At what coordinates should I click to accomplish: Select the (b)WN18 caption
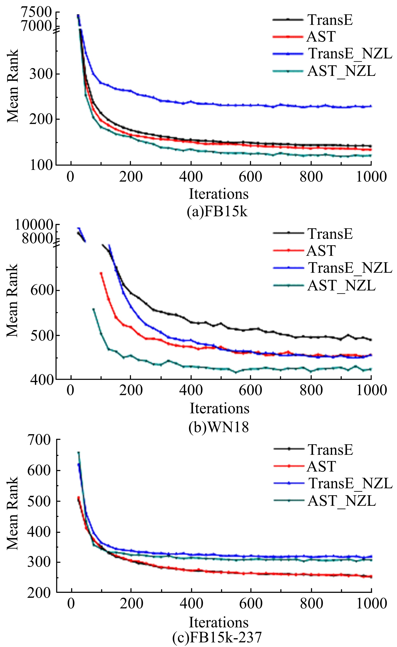(218, 427)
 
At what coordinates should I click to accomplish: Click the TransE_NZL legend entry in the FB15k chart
(350, 54)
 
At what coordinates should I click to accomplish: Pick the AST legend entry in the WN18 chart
(321, 251)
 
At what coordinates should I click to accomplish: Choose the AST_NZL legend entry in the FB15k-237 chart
(341, 501)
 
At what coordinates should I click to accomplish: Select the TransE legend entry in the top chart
(330, 20)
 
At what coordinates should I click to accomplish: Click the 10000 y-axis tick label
(34, 225)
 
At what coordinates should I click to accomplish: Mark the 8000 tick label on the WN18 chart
(37, 238)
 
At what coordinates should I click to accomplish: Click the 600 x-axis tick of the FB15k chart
(251, 177)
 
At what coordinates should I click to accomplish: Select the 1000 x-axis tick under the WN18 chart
(371, 391)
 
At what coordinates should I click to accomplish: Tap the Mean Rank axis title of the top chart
(13, 86)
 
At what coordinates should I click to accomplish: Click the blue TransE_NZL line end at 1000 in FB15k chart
(371, 106)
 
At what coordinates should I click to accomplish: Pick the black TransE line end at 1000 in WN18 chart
(371, 340)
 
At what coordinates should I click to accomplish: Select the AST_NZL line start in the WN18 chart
(93, 309)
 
